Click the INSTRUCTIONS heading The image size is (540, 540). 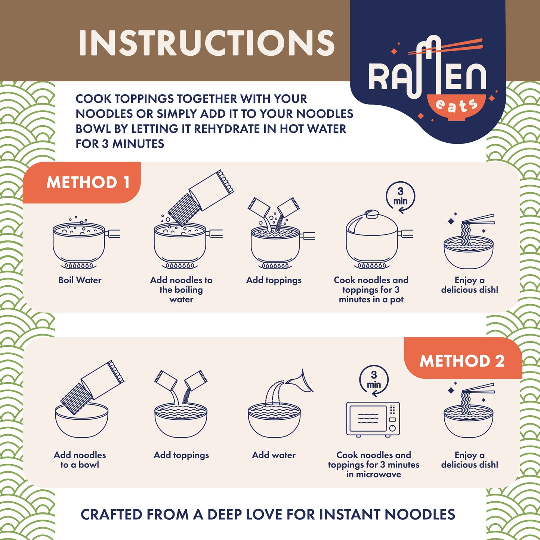(207, 43)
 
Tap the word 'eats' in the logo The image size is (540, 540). (457, 106)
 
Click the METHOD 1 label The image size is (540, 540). (88, 182)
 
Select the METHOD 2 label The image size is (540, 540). (462, 361)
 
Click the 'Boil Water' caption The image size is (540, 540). (80, 280)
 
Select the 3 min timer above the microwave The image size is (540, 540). (374, 381)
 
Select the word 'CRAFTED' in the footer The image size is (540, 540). (111, 515)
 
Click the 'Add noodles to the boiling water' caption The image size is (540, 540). (181, 290)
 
